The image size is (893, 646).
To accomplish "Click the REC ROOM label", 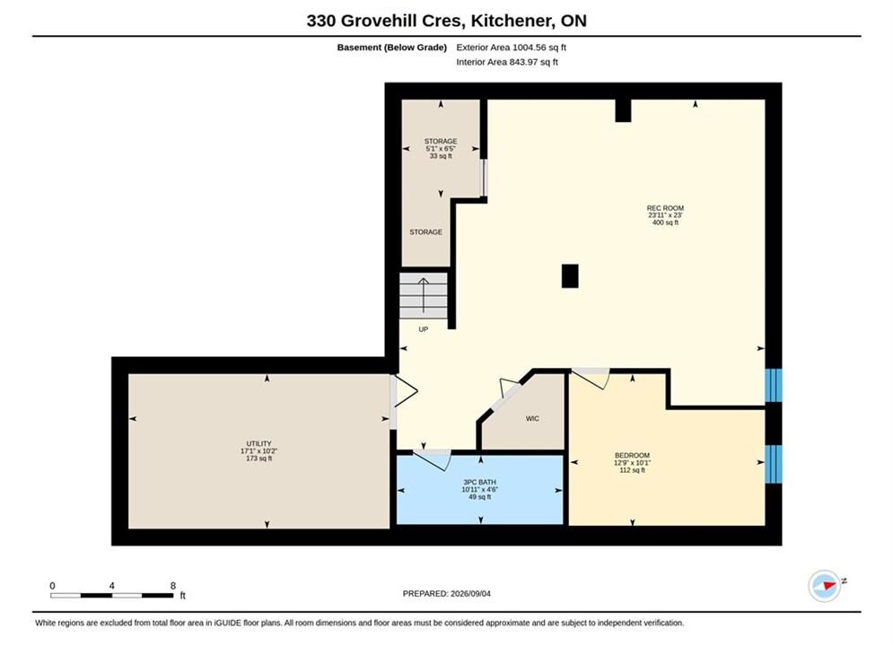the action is (x=665, y=208).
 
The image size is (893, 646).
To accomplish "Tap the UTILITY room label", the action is (x=258, y=443).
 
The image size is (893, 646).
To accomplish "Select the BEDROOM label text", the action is (x=632, y=455).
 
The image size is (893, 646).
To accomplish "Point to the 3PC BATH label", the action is (x=479, y=482).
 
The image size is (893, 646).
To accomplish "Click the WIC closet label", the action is (x=532, y=419).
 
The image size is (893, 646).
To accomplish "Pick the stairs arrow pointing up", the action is (x=424, y=295).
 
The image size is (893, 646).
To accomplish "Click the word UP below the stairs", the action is (x=423, y=329).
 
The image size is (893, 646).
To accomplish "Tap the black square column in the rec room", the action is (x=570, y=276).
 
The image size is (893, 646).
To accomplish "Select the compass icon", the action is (x=825, y=586).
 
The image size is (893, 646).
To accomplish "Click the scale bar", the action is (x=111, y=596).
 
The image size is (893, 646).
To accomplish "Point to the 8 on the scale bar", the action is (x=173, y=586).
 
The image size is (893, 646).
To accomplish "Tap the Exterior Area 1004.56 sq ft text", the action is (x=511, y=48).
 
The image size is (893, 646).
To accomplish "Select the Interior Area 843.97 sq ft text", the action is (x=507, y=62).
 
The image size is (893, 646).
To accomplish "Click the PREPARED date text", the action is (x=447, y=594).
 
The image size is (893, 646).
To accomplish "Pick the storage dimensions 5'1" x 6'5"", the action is (x=441, y=149).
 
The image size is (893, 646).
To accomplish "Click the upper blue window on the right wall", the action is (x=774, y=385).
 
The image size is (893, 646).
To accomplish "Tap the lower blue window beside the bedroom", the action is (x=774, y=464).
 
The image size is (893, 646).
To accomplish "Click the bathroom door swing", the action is (x=433, y=459).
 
